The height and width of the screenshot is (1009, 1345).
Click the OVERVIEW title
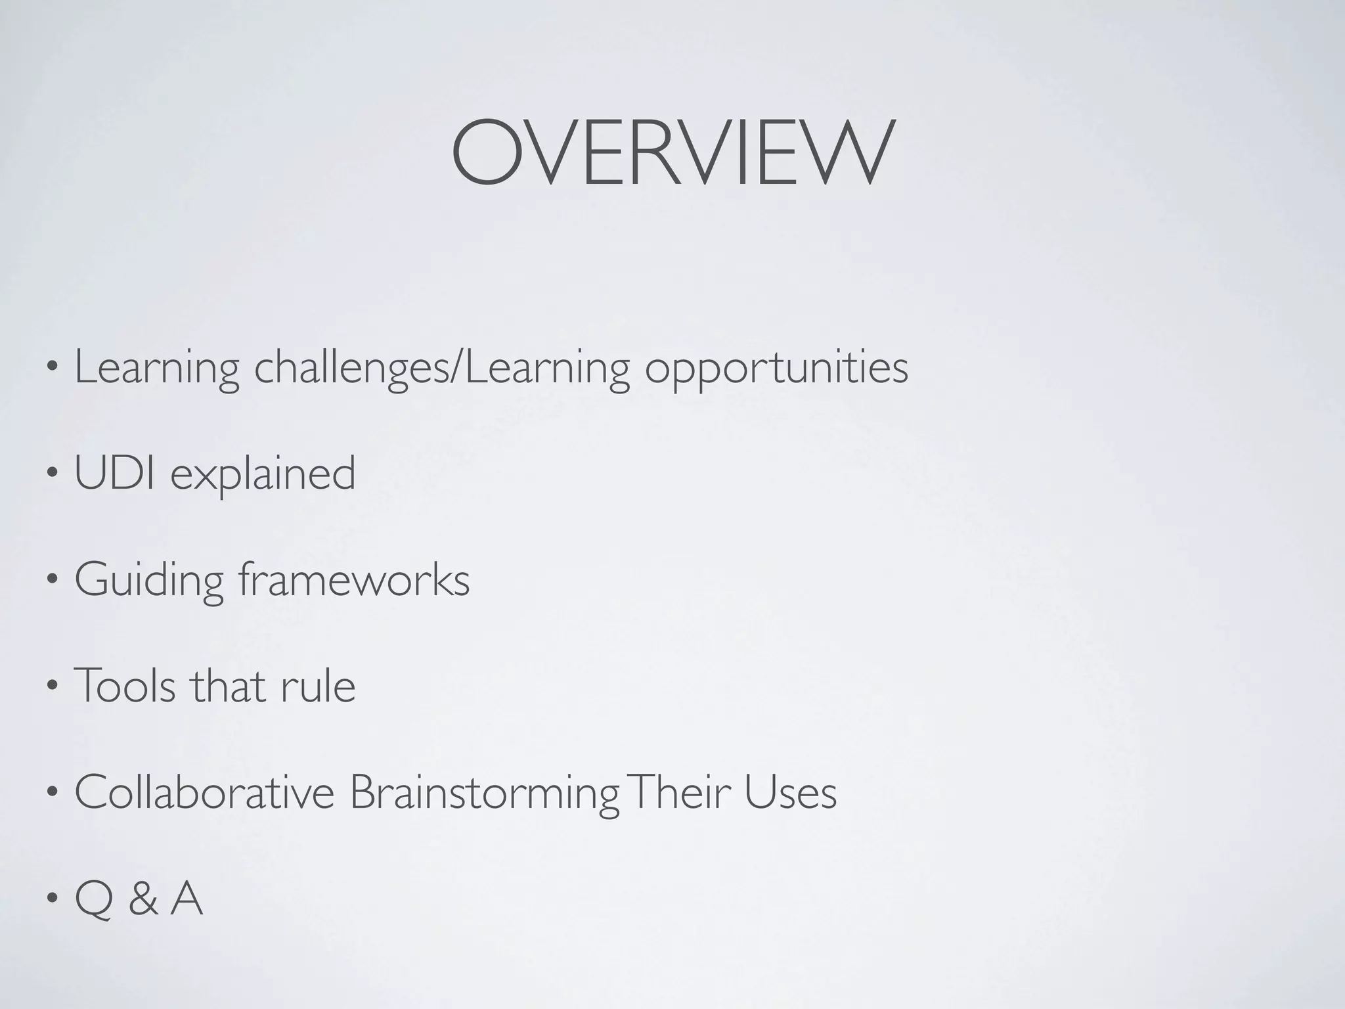tap(672, 152)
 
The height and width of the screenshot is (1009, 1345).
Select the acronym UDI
tap(115, 473)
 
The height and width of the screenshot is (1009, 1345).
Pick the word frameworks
tap(354, 579)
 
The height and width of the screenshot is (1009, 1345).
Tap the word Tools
tap(125, 686)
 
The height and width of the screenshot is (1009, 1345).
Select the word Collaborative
tap(204, 792)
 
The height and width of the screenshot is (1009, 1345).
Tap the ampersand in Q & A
tap(143, 900)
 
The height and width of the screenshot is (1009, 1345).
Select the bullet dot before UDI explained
tap(52, 475)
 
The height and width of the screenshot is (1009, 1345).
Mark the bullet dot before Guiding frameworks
tap(52, 581)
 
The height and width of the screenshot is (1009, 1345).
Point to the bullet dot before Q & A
tap(52, 901)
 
